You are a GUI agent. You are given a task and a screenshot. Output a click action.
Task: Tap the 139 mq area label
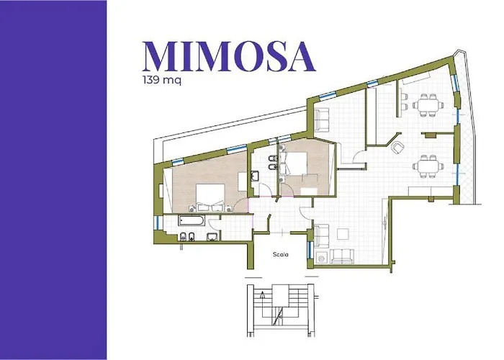(x=162, y=81)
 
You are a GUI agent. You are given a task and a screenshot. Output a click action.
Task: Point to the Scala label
(x=282, y=254)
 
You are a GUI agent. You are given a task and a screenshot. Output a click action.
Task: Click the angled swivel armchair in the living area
(x=397, y=147)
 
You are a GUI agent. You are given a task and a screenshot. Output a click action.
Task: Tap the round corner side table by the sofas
(x=321, y=256)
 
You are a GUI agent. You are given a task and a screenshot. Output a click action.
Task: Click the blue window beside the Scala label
(x=310, y=251)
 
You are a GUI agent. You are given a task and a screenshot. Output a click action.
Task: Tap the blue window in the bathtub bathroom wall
(x=158, y=222)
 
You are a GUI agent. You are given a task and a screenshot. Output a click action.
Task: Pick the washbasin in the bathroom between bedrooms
(x=256, y=175)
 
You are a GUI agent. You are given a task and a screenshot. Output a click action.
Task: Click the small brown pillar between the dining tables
(x=430, y=135)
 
